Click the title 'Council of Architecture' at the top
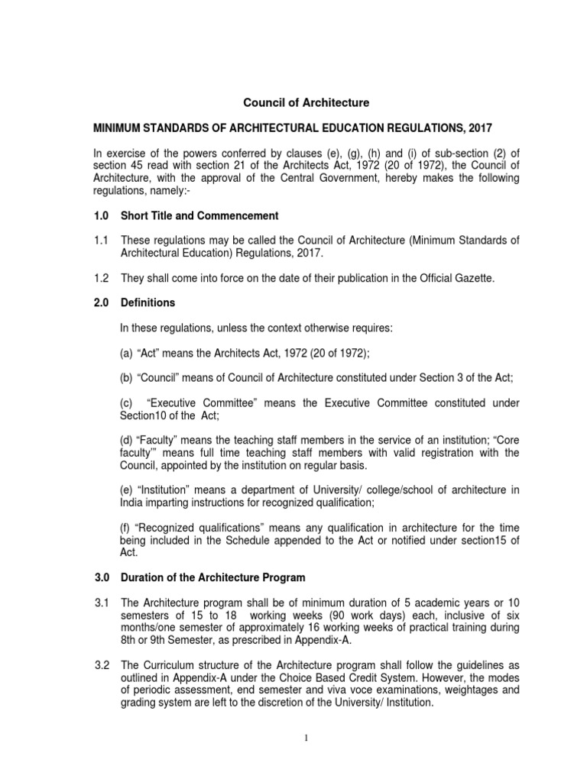point(306,102)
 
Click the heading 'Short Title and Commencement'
point(199,215)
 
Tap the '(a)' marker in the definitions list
point(128,352)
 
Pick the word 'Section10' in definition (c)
point(145,415)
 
